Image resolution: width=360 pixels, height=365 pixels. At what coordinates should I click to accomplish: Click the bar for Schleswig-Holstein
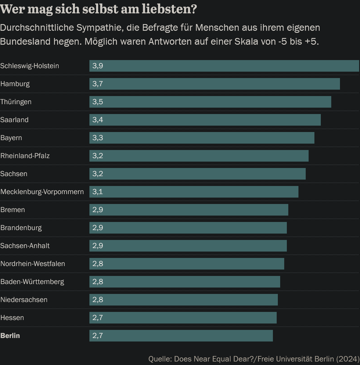[x=224, y=66]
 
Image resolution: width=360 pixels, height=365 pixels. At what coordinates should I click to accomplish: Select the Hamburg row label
[x=15, y=84]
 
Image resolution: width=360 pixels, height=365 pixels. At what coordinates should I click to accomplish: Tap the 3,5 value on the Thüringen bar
[x=98, y=102]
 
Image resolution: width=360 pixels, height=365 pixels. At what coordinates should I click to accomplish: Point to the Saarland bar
[x=205, y=120]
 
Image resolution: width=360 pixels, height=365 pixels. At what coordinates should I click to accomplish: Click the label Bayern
[x=11, y=138]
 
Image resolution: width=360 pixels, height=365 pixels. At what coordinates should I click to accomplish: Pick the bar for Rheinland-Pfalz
[x=199, y=156]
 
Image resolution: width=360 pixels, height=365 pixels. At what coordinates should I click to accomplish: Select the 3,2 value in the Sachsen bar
[x=98, y=174]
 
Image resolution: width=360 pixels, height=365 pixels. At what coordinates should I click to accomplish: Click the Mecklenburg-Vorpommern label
[x=42, y=192]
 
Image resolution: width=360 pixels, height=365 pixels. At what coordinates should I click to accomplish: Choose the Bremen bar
[x=189, y=210]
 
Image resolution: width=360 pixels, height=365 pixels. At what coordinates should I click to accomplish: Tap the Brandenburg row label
[x=21, y=228]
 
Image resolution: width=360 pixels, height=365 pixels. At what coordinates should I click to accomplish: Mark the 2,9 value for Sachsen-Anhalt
[x=98, y=246]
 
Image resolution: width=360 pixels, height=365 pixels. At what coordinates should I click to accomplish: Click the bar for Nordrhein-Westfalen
[x=187, y=264]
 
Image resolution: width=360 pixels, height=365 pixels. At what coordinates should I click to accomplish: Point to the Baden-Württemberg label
[x=32, y=282]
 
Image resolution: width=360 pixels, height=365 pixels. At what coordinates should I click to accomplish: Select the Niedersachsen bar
[x=183, y=300]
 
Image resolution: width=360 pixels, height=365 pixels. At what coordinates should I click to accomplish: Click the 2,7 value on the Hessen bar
[x=98, y=318]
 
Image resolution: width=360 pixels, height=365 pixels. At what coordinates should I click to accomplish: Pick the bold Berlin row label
[x=10, y=336]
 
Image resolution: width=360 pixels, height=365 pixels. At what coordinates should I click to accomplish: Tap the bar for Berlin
[x=181, y=336]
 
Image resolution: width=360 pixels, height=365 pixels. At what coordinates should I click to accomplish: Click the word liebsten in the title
[x=169, y=9]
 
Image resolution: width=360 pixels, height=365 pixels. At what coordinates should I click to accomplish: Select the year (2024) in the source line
[x=348, y=359]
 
